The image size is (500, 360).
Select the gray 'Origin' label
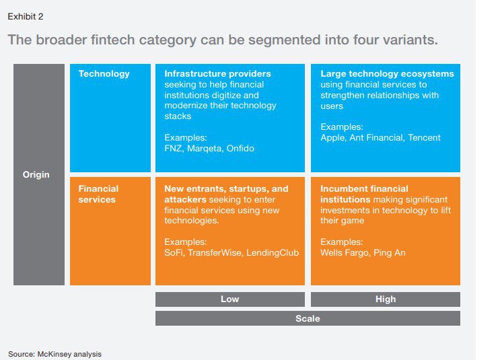click(36, 175)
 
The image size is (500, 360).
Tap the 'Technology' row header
click(104, 73)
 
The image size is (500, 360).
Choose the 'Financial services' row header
click(98, 194)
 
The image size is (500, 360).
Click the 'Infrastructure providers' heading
click(217, 73)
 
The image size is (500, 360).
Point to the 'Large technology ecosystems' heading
click(387, 73)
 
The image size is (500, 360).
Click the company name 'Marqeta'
click(203, 148)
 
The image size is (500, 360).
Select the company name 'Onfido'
click(240, 148)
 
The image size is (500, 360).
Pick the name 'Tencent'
click(423, 137)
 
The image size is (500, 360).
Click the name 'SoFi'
click(174, 253)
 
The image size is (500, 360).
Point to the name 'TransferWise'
click(215, 253)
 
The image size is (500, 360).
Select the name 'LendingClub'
click(272, 253)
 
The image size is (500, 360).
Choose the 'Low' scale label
click(230, 299)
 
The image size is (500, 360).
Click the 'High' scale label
click(386, 299)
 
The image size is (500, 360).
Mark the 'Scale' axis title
click(308, 318)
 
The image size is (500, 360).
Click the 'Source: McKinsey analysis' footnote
click(55, 353)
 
